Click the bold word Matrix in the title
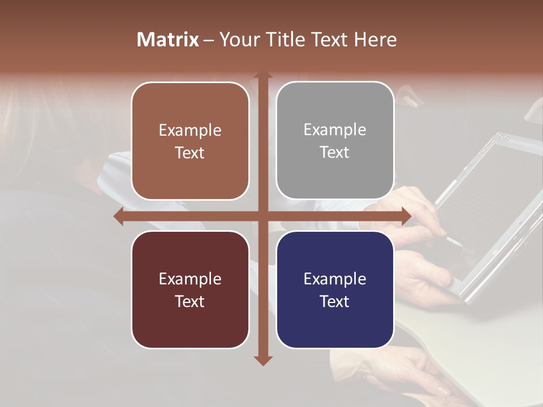[168, 40]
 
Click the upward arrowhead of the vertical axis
[262, 76]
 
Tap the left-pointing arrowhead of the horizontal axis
[119, 217]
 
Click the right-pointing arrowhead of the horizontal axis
[406, 217]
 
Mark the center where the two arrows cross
[262, 217]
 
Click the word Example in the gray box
[335, 129]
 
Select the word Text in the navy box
[335, 301]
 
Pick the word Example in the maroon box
[190, 279]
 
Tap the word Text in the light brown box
[190, 153]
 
